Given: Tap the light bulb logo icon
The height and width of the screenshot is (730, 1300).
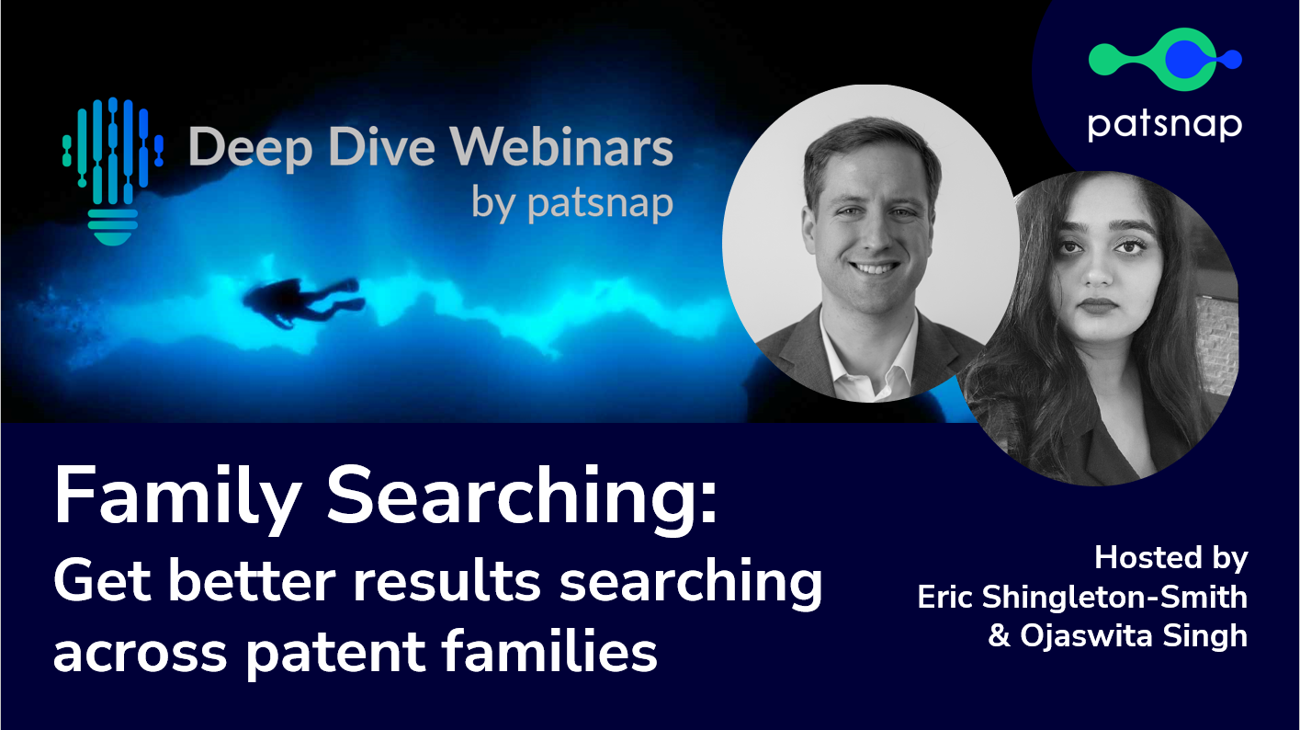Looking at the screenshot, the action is click(113, 171).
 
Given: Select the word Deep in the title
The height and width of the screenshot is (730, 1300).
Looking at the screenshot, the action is click(252, 150).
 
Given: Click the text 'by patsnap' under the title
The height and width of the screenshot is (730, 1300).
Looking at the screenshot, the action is click(572, 204).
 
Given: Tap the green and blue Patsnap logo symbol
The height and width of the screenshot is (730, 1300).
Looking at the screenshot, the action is click(1165, 59).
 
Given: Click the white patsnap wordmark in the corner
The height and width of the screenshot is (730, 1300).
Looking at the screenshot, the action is click(1165, 125).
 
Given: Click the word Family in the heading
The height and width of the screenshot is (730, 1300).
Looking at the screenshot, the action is click(178, 498).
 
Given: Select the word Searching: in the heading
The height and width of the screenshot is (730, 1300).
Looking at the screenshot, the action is click(523, 497).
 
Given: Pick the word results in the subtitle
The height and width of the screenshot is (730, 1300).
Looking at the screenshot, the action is click(447, 582).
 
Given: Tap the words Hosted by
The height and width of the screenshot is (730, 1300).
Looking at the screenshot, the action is click(1171, 559).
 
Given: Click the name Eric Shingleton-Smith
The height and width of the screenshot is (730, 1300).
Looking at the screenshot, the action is click(1082, 597).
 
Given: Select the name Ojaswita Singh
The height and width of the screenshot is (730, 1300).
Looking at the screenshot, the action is click(1134, 636).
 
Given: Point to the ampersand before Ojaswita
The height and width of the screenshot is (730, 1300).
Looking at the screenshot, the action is click(999, 635).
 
